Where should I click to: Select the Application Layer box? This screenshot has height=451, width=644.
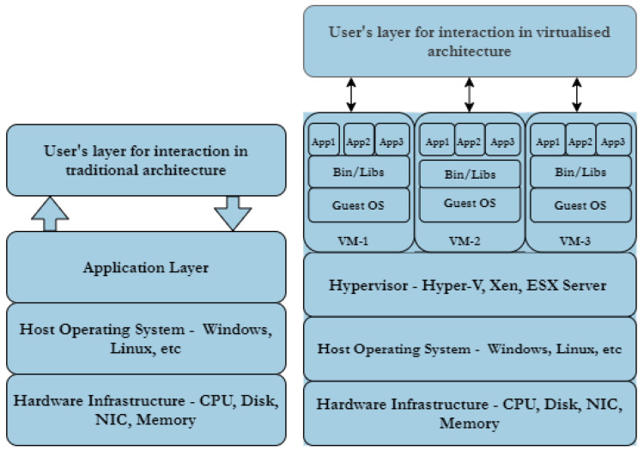pyautogui.click(x=145, y=267)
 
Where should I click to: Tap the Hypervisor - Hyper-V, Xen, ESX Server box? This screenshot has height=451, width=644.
pyautogui.click(x=470, y=284)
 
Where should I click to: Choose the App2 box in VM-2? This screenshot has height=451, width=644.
pyautogui.click(x=469, y=140)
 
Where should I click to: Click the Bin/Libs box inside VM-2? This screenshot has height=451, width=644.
pyautogui.click(x=469, y=174)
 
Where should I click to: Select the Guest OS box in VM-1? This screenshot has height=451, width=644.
pyautogui.click(x=360, y=205)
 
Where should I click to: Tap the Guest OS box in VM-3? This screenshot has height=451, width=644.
pyautogui.click(x=580, y=205)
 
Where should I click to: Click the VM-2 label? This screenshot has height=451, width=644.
pyautogui.click(x=469, y=239)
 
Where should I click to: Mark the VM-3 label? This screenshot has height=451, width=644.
pyautogui.click(x=580, y=239)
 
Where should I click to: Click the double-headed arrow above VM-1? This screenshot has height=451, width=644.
pyautogui.click(x=351, y=94)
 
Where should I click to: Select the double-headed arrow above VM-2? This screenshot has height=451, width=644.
pyautogui.click(x=469, y=94)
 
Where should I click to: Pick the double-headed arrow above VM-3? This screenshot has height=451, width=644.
pyautogui.click(x=577, y=94)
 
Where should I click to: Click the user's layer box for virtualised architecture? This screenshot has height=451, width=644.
pyautogui.click(x=469, y=40)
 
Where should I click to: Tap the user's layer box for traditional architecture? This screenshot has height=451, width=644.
pyautogui.click(x=145, y=160)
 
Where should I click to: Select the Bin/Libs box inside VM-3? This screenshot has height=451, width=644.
pyautogui.click(x=580, y=173)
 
